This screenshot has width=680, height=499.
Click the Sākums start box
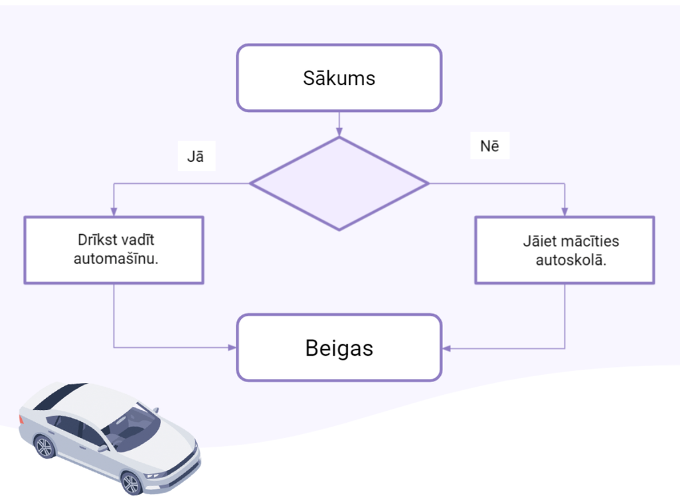(339, 78)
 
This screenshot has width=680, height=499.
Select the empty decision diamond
(339, 184)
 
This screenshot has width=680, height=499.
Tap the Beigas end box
(339, 348)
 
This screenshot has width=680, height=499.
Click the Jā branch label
(196, 157)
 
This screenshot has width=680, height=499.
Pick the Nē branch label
(489, 146)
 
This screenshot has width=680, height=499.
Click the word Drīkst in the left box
(96, 240)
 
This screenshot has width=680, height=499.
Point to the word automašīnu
(116, 259)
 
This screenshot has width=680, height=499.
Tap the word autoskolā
(570, 260)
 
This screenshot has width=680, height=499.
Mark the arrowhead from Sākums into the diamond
(339, 131)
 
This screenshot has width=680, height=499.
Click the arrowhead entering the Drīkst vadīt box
(114, 212)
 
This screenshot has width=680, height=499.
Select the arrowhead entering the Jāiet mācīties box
(564, 212)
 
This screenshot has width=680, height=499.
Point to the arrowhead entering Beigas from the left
(232, 348)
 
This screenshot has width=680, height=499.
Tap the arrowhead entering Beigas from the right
(447, 348)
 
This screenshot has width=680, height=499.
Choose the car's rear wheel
(44, 447)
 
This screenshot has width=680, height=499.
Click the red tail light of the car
(21, 419)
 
